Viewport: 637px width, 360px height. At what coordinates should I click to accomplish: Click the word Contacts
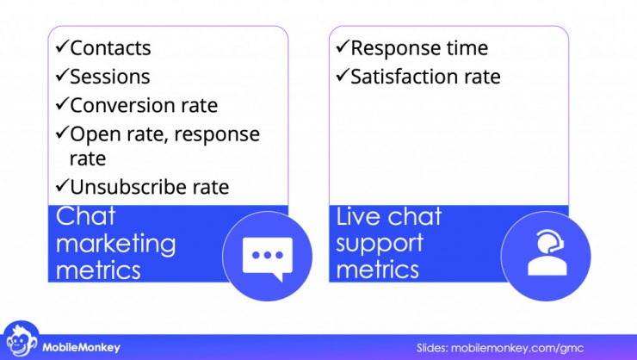(x=110, y=48)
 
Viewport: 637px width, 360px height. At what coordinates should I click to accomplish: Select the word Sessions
(x=110, y=77)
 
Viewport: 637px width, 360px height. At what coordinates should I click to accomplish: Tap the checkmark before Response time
(x=342, y=48)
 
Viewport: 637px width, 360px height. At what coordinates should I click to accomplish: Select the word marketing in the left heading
(x=115, y=244)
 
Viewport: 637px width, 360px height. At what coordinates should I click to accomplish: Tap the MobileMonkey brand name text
(x=82, y=348)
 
